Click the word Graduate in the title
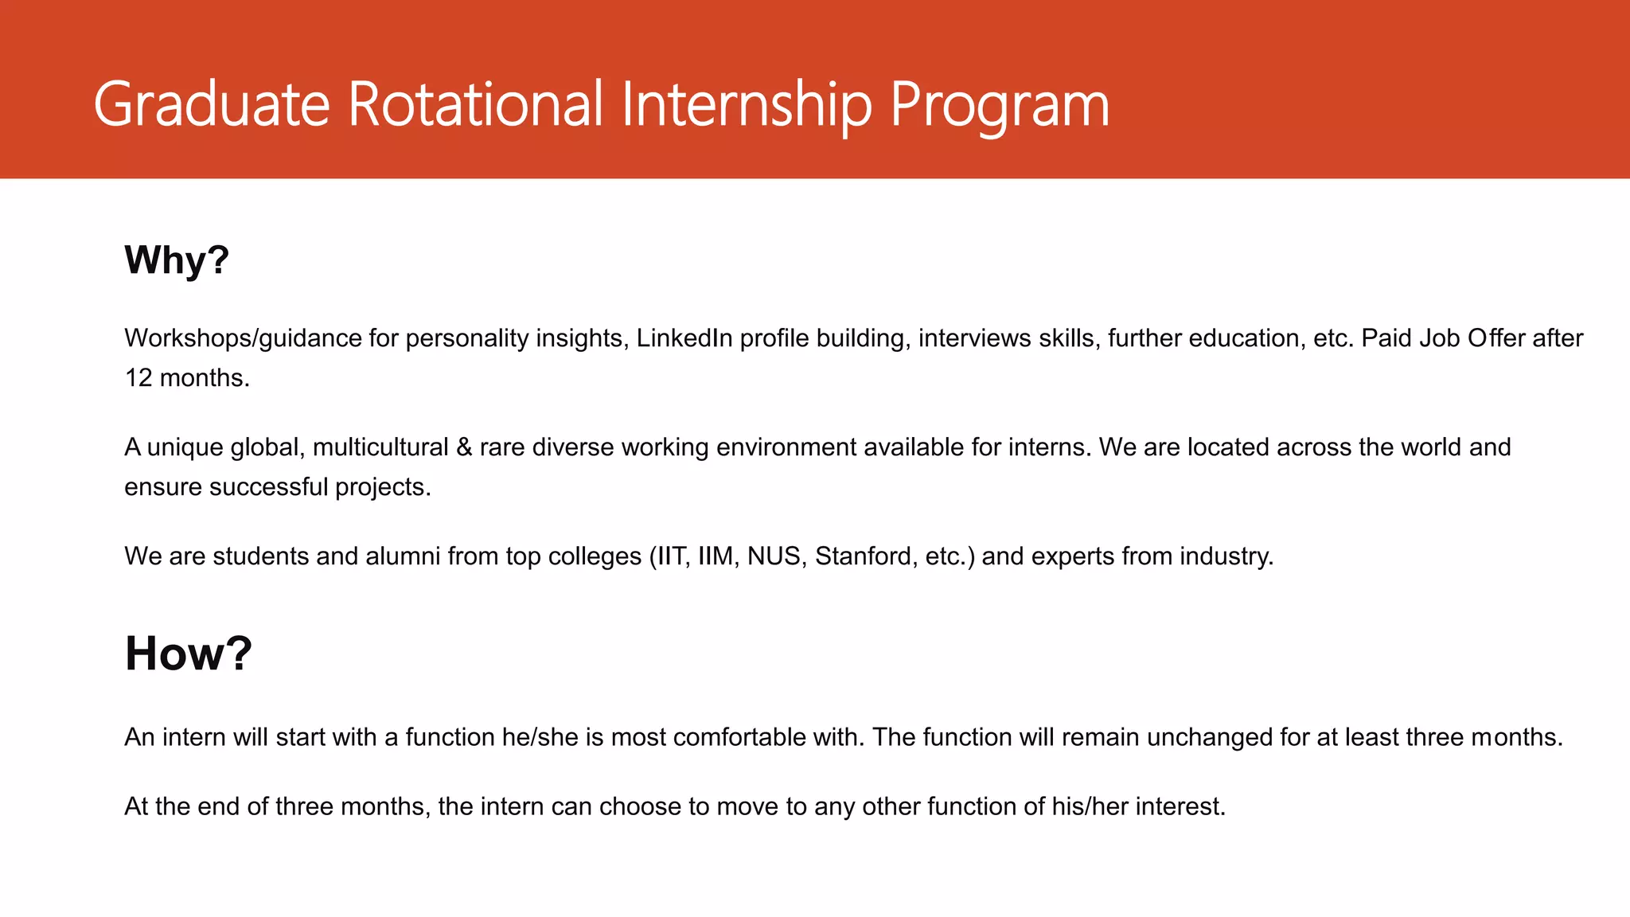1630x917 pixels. [x=211, y=103]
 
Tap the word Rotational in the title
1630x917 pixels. [x=475, y=103]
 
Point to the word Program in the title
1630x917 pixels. [x=1000, y=103]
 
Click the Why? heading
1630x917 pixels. [x=177, y=259]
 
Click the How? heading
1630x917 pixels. [x=188, y=654]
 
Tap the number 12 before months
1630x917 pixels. [x=138, y=377]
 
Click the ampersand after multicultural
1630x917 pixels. [x=464, y=447]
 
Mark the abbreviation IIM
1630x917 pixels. [x=716, y=556]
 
